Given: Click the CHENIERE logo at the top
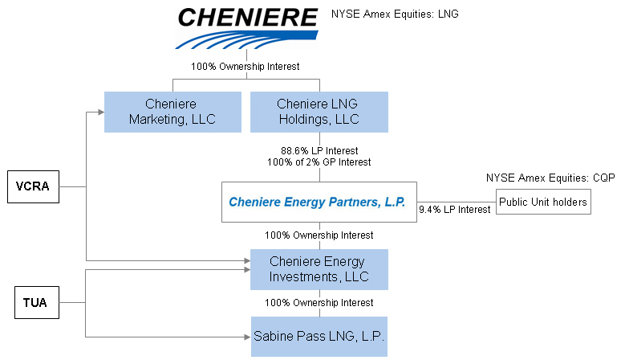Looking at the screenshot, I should [247, 27].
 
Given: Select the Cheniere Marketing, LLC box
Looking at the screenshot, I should [172, 112].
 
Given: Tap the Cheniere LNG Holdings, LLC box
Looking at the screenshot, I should [319, 112].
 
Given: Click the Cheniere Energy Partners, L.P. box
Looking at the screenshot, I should [319, 202].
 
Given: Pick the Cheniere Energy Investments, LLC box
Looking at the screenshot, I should [319, 269].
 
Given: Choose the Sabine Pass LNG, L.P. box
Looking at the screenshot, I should [319, 337].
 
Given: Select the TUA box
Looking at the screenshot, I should [36, 303].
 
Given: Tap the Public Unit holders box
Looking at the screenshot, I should [542, 202].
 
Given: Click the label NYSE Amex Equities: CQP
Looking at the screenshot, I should [550, 178].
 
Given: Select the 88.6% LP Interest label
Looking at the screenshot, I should [319, 150].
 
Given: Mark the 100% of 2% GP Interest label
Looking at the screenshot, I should [319, 162].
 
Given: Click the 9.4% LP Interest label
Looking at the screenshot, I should [454, 210].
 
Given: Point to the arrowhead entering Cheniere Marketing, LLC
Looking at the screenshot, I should [100, 112].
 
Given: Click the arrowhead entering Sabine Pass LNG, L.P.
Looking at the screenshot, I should [246, 337].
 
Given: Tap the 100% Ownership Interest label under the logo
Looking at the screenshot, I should [245, 67].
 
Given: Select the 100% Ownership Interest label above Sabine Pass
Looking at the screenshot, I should [319, 303].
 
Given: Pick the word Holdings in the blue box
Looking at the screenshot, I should [304, 120].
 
